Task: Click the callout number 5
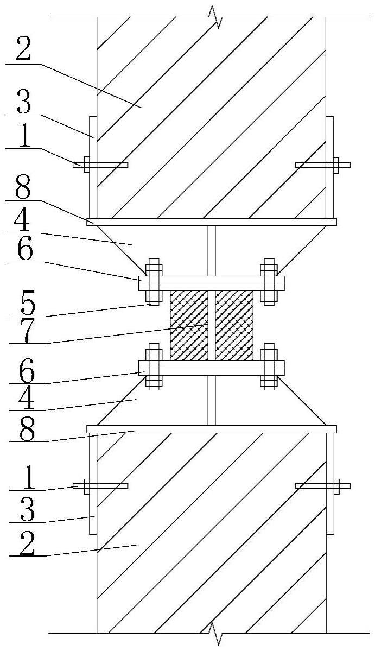pos(22,305)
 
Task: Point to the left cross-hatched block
pos(189,325)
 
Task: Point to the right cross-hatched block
pos(234,325)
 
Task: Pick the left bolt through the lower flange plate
pos(154,367)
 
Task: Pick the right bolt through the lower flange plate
pos(269,367)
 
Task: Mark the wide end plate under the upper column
pos(212,222)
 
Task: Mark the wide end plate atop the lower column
pos(212,429)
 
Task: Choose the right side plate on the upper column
pos(330,166)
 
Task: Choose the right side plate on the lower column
pos(330,483)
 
